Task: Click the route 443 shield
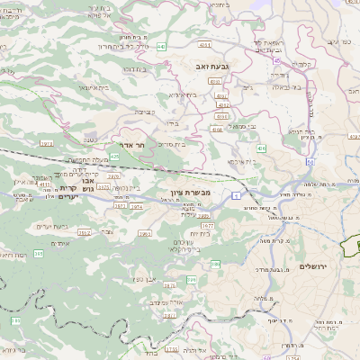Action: [161, 45]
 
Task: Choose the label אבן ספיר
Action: [145, 281]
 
